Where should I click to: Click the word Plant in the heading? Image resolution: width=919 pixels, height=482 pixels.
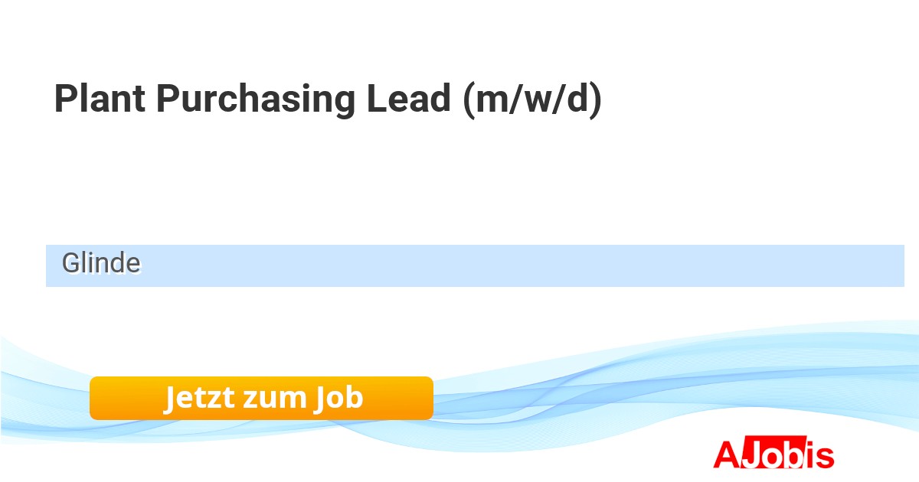(x=100, y=98)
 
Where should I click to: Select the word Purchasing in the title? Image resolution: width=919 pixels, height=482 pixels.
(x=256, y=100)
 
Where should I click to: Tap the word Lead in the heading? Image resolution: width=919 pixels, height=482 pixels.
(x=409, y=98)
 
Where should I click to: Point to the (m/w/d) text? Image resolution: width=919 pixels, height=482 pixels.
(x=532, y=100)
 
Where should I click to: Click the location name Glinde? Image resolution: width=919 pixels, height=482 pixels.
(x=101, y=262)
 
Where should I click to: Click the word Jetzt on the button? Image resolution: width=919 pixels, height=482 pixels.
(x=200, y=398)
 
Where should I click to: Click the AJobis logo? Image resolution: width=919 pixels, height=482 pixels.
(x=773, y=452)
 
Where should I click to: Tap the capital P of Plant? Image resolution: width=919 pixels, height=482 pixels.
(x=66, y=98)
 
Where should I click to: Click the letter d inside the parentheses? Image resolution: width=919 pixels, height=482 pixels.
(x=577, y=98)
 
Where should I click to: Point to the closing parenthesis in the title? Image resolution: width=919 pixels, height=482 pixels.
(x=596, y=100)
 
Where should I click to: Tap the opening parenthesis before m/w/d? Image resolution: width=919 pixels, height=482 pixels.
(x=469, y=100)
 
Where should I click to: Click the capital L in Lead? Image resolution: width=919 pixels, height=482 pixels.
(x=377, y=98)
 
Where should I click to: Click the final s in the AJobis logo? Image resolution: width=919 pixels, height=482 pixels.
(x=825, y=457)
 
